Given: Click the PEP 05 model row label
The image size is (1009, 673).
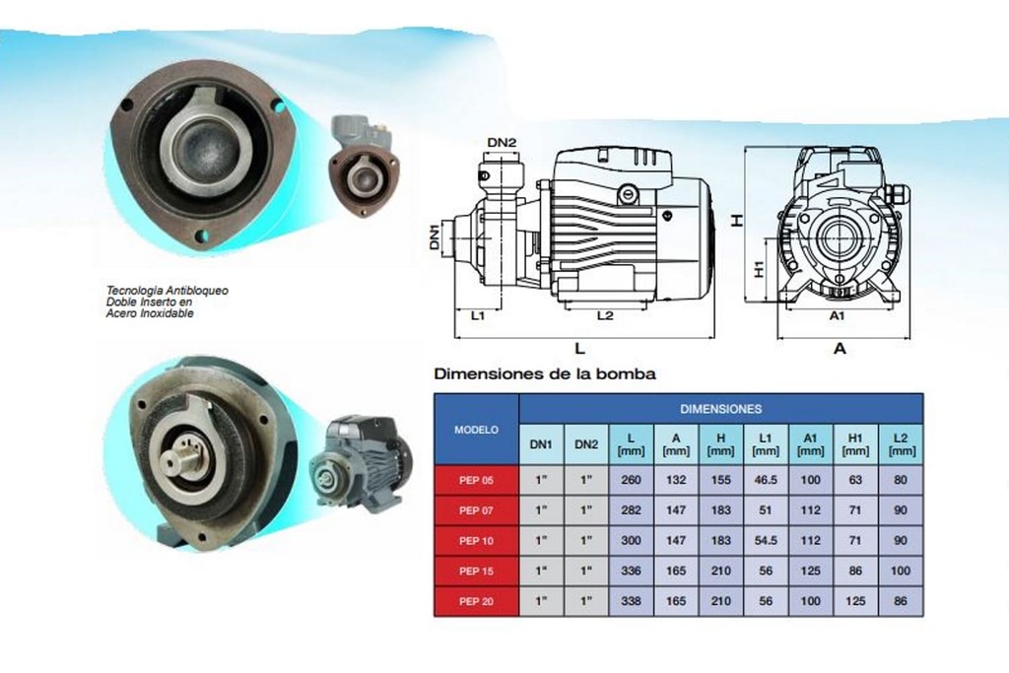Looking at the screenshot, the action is (476, 480).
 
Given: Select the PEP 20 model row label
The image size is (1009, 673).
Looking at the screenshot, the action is (476, 602).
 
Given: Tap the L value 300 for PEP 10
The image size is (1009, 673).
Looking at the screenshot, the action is (631, 540).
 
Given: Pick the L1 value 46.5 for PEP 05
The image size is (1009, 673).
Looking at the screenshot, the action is (765, 480).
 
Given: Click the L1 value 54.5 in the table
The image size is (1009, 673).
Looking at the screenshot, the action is (765, 540).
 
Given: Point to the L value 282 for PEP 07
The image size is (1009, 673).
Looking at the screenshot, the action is (631, 510).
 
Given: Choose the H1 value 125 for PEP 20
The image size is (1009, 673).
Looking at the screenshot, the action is (855, 601).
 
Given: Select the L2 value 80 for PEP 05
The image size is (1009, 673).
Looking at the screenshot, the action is (901, 480).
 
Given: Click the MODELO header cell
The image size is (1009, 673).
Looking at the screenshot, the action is (476, 430).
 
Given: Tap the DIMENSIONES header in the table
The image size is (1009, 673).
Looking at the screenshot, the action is (720, 409).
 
